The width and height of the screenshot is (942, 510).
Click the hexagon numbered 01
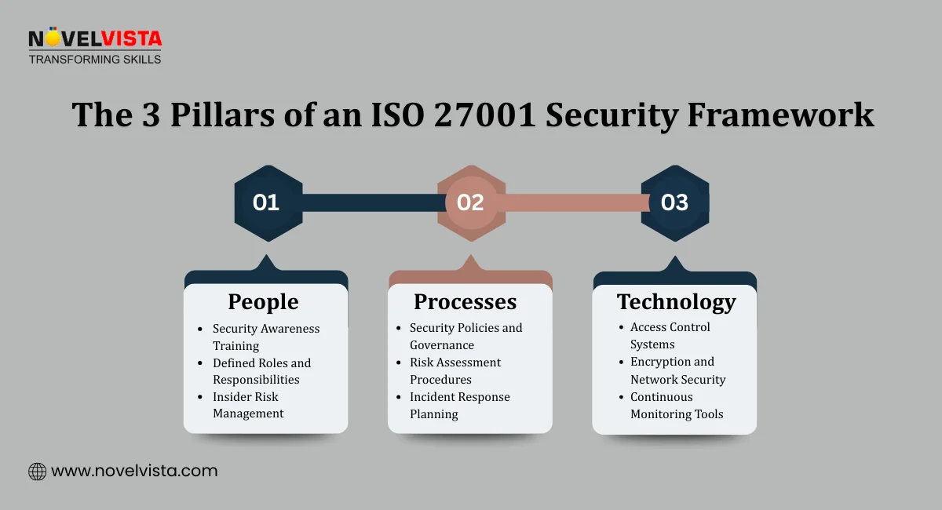(x=267, y=202)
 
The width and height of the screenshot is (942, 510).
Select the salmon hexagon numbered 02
(x=470, y=202)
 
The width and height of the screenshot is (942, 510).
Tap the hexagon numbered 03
(x=674, y=202)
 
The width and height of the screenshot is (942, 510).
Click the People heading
(x=263, y=302)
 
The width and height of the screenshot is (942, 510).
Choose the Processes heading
(x=465, y=302)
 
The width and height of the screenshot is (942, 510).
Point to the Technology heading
(x=676, y=302)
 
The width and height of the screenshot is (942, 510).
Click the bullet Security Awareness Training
(x=266, y=337)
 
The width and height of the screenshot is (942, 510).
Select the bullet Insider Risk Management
(x=248, y=405)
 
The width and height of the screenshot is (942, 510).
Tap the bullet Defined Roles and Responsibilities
(x=261, y=371)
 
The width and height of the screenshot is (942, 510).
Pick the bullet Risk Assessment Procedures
(x=455, y=370)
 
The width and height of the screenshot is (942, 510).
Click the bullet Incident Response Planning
(x=459, y=405)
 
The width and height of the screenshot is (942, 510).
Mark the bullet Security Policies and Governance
(x=466, y=336)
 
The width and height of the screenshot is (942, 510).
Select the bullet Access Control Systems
(x=670, y=335)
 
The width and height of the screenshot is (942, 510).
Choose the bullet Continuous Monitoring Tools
(x=677, y=405)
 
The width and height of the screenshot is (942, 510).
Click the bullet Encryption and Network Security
(x=677, y=370)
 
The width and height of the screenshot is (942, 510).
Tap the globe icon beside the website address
(x=37, y=472)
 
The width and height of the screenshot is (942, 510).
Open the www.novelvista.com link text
(x=134, y=472)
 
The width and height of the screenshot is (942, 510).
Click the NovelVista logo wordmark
(x=94, y=39)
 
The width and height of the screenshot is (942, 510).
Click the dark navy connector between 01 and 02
(x=369, y=202)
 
